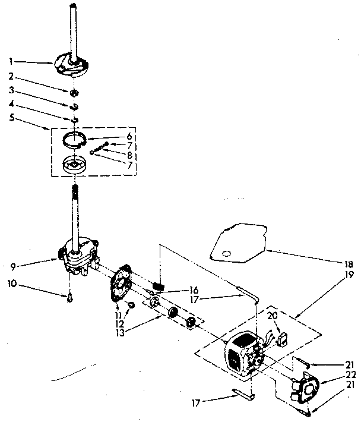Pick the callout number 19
350,274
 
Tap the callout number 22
350,374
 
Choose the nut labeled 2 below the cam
75,93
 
